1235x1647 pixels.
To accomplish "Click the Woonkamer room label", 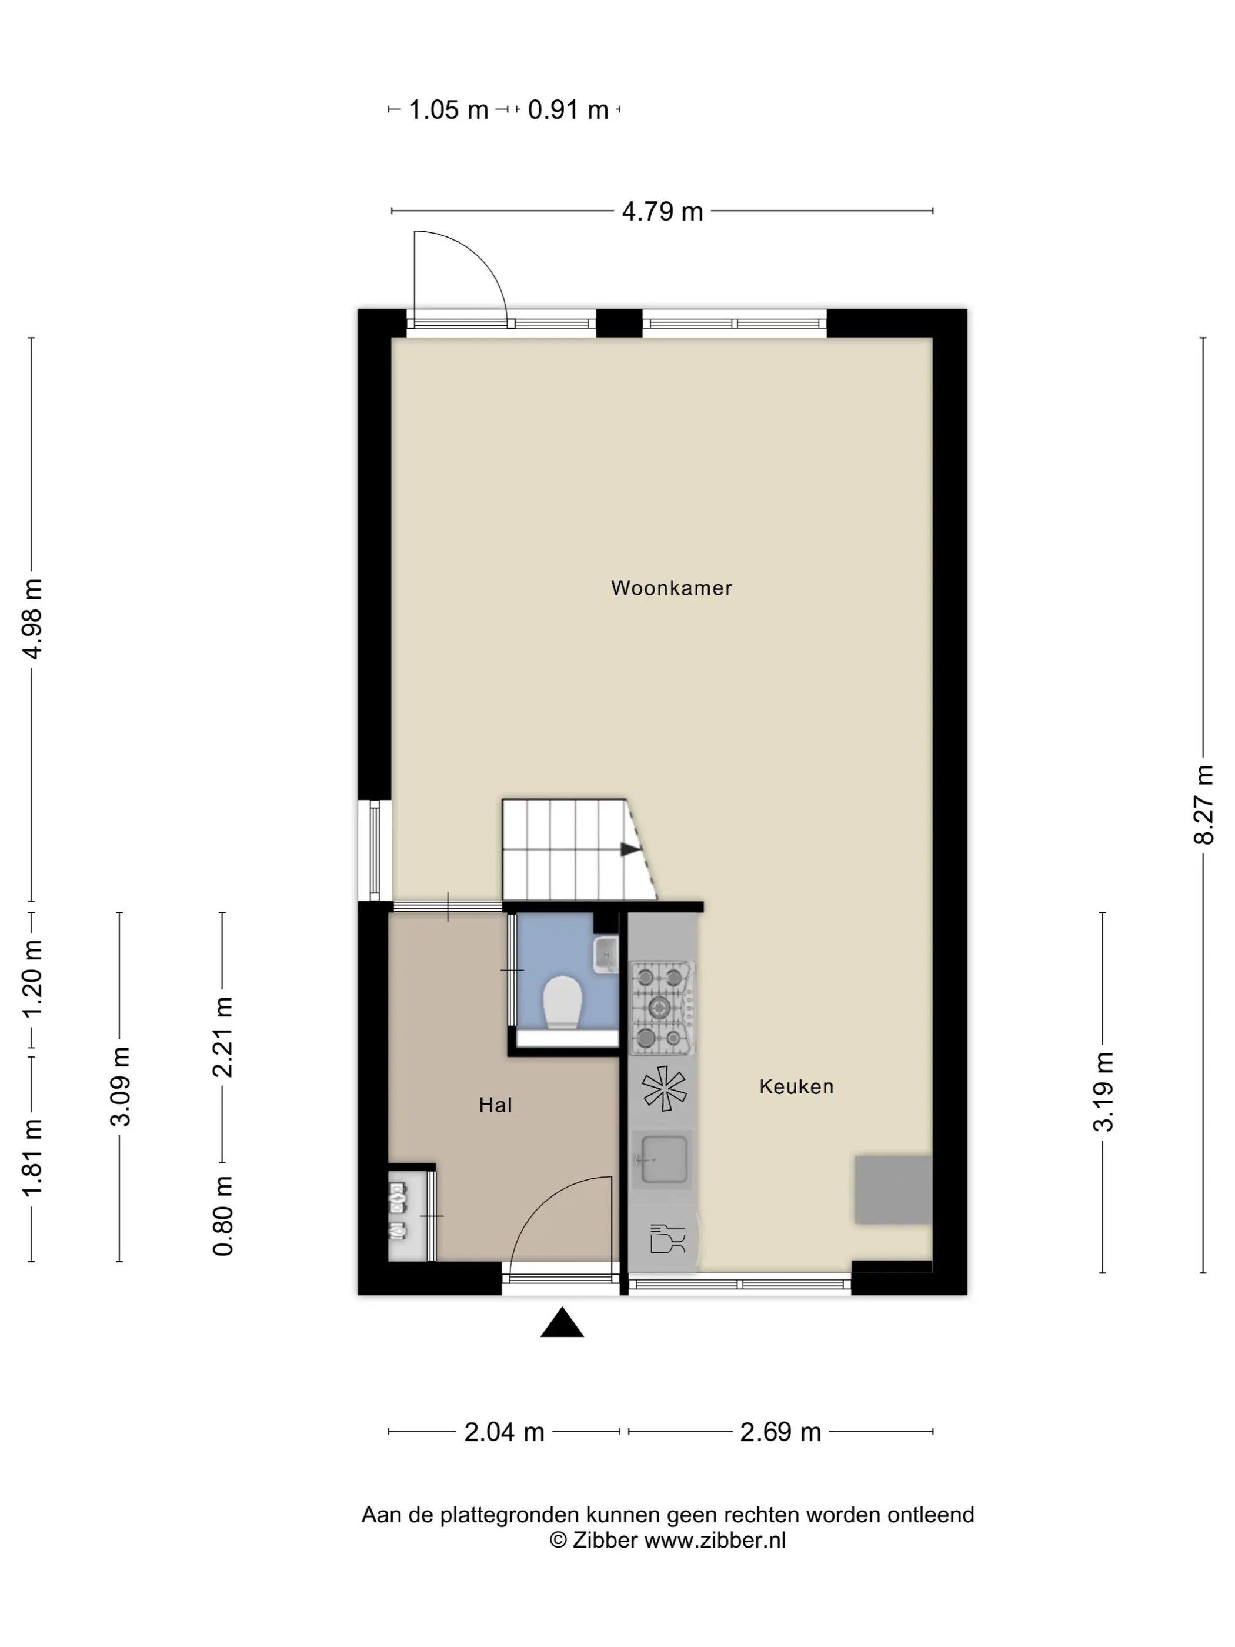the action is [671, 588].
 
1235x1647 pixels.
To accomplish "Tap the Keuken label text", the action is [796, 1086].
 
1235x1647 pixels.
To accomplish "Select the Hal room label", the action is [495, 1105].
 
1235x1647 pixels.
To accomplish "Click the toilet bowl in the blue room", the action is [562, 1002].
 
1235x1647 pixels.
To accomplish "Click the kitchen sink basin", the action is [662, 1159].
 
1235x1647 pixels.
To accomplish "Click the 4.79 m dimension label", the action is [662, 211].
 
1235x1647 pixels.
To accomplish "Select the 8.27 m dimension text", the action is [1203, 805].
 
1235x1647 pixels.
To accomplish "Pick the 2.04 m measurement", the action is [504, 1432].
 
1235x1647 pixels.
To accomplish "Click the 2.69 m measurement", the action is [780, 1432].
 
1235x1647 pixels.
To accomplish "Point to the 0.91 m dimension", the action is [568, 110].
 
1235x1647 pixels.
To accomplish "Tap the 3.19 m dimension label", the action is [1103, 1092].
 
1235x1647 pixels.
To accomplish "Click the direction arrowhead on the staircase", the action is [630, 849].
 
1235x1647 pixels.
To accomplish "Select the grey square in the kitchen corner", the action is [893, 1190].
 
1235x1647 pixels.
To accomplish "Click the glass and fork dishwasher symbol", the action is [666, 1238].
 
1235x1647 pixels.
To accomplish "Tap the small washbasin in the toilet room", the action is [606, 955].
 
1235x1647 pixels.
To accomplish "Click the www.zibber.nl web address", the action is [715, 1541].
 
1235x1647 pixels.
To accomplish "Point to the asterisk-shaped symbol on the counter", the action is [664, 1089].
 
